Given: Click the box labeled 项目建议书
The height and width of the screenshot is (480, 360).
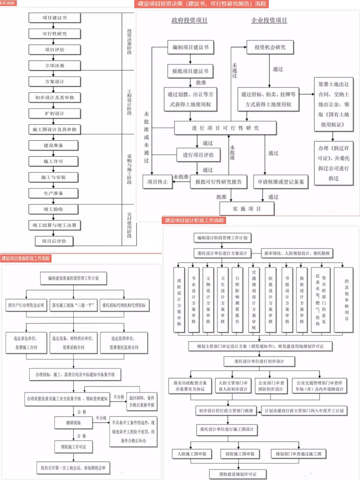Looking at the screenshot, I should point(55,18).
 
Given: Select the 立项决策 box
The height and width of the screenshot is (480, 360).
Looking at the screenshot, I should point(55,66).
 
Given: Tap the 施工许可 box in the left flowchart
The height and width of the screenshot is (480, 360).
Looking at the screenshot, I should point(53,161).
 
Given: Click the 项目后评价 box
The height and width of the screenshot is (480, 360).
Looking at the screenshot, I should point(54,241).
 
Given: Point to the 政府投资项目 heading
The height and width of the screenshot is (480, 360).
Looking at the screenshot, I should point(189,20).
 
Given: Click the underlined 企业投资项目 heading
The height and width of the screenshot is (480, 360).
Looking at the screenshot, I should point(269,20).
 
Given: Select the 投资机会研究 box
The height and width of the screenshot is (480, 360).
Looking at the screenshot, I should point(270,47).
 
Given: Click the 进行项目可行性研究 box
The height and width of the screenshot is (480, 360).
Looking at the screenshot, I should point(225,128).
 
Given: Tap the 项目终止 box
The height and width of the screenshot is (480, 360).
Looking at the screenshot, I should point(157,182).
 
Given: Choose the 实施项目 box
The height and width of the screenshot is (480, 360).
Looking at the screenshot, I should point(247,209).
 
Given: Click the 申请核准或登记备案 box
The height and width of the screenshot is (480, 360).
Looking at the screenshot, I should point(281,182).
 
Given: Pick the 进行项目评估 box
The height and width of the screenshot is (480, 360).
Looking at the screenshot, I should point(198,155).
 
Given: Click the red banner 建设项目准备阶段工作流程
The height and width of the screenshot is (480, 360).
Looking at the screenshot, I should point(26,258).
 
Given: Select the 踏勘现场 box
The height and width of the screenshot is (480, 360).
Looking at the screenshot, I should point(73,423).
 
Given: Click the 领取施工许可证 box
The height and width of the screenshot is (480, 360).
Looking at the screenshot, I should point(73,447).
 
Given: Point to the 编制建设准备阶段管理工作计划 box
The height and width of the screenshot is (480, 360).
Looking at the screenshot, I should point(73,278).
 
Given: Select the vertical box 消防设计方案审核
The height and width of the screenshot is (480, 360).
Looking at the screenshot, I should point(179,300).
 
